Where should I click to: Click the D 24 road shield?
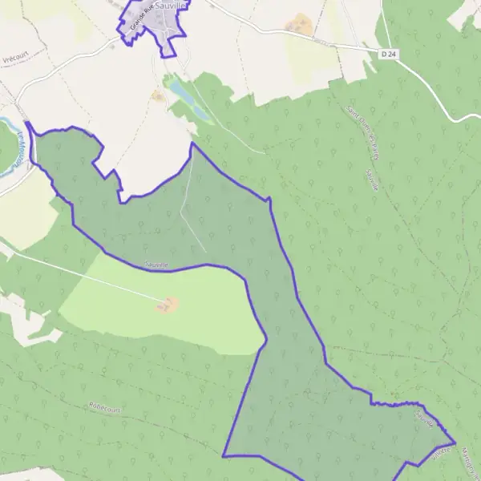[x=388, y=54]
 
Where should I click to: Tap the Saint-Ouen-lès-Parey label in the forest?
[x=361, y=131]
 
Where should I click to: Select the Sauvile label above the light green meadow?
[x=157, y=265]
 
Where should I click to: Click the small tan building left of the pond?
[x=158, y=95]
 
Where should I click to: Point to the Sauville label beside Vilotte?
[x=425, y=418]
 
